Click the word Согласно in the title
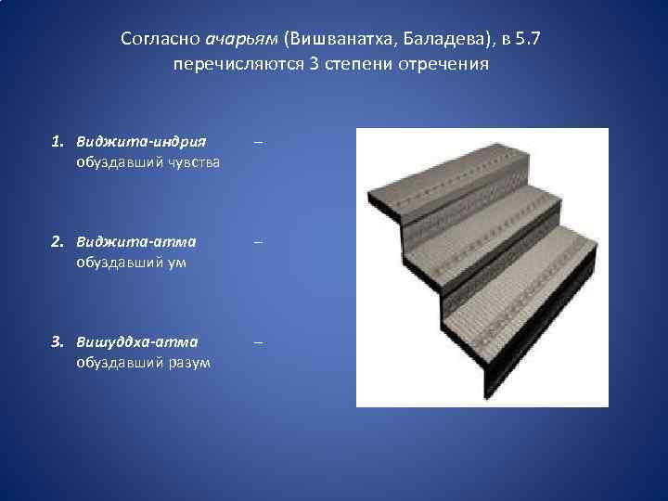pos(152,40)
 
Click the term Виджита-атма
pos(136,243)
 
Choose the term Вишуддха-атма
pos(137,342)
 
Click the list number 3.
pos(58,342)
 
